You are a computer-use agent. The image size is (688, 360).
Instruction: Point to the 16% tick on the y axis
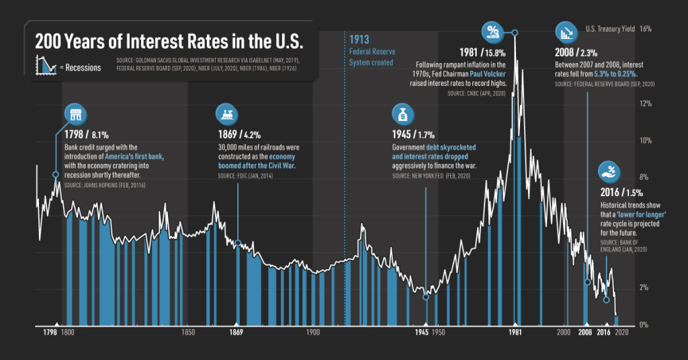click(646, 30)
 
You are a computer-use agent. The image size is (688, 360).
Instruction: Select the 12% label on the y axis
click(646, 103)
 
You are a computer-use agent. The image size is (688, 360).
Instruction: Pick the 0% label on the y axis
click(644, 325)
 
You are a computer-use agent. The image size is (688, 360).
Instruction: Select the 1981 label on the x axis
click(515, 332)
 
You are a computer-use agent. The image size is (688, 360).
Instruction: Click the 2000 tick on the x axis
click(563, 332)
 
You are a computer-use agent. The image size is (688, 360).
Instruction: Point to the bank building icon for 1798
click(75, 114)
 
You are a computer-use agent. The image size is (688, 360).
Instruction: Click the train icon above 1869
click(225, 114)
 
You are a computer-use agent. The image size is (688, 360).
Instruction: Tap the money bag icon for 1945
click(402, 114)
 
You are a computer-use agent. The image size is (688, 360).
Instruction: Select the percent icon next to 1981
click(492, 30)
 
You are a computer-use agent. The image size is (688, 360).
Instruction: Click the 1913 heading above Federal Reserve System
click(359, 40)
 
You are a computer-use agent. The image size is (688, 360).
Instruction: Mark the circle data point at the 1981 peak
click(515, 32)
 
